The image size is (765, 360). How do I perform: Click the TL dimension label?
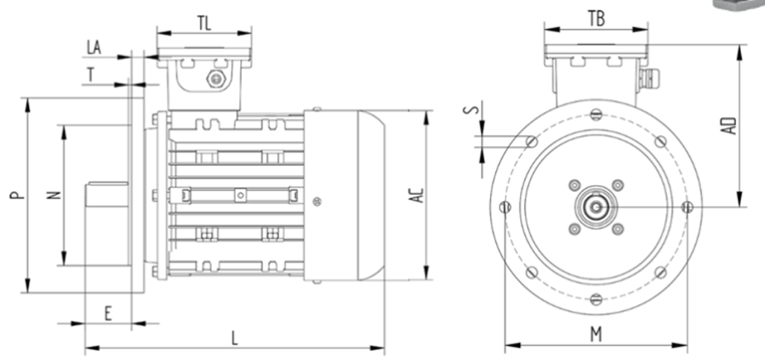click(204, 22)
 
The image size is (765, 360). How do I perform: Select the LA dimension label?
click(94, 48)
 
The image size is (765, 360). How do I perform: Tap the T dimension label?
click(91, 74)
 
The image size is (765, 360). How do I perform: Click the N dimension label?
click(53, 195)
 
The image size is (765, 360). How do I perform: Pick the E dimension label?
click(108, 314)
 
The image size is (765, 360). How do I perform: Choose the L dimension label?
click(234, 338)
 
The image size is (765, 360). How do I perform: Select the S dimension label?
click(469, 111)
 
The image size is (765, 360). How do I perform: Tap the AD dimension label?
click(732, 125)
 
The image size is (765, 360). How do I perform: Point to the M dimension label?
click(596, 335)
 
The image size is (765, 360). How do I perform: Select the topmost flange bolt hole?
click(595, 114)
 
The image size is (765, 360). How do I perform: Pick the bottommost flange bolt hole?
click(595, 299)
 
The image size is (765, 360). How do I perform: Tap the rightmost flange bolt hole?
click(688, 206)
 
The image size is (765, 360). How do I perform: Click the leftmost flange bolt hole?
click(505, 207)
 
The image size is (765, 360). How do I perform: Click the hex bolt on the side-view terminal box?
click(217, 79)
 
